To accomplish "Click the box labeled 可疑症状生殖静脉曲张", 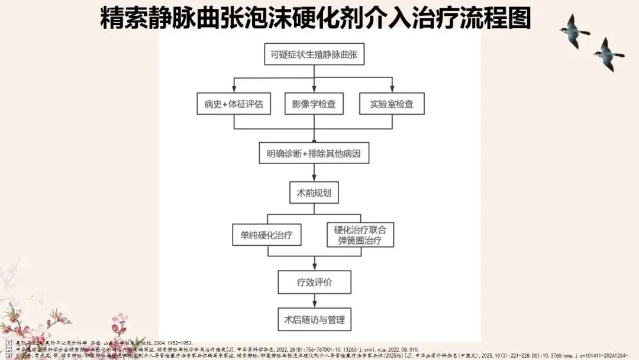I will (x=314, y=56).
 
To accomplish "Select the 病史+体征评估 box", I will (x=234, y=104).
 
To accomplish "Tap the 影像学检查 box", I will (x=314, y=104).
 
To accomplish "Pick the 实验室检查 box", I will (x=392, y=104).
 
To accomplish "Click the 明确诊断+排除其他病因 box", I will (x=314, y=155).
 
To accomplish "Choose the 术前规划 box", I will (x=314, y=193).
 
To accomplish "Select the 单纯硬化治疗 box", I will (x=266, y=235).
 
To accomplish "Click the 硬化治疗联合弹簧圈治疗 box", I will (x=360, y=235).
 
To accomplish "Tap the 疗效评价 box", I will (x=314, y=282).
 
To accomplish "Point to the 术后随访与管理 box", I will (x=314, y=320).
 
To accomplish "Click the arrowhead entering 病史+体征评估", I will (x=234, y=89).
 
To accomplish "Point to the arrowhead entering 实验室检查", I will (x=392, y=89).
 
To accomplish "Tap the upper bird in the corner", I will (x=575, y=30).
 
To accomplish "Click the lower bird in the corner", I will (x=608, y=53).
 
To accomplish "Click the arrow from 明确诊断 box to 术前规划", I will (x=314, y=173).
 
